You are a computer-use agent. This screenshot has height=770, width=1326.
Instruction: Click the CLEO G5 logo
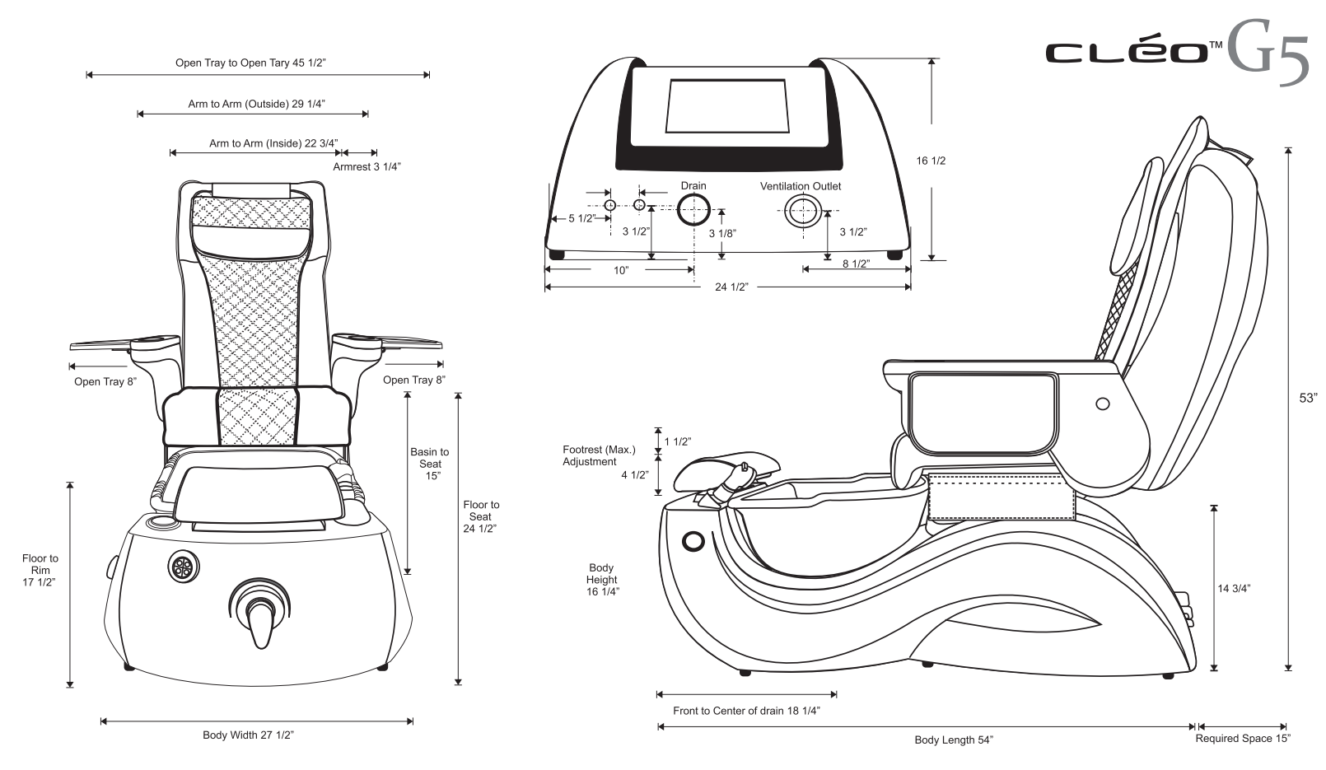tap(1176, 52)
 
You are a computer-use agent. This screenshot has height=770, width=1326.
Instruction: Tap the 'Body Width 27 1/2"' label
tap(248, 735)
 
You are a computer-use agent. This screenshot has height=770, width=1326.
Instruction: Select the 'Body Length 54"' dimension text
tap(954, 740)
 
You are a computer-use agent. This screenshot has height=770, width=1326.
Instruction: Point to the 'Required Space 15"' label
tap(1243, 739)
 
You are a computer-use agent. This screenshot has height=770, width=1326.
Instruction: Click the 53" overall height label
tap(1308, 398)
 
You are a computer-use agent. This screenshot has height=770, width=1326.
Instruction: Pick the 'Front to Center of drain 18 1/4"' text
tap(746, 711)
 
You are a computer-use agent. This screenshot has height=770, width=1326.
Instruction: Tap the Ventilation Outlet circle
tap(800, 212)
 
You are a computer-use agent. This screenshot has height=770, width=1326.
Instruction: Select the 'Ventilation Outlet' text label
tap(800, 186)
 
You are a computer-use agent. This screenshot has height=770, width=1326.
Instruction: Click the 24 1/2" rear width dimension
tap(731, 287)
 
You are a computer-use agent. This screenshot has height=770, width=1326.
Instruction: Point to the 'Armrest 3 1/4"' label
tap(367, 166)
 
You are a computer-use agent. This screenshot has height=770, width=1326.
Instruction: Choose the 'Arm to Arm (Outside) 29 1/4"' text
tap(256, 104)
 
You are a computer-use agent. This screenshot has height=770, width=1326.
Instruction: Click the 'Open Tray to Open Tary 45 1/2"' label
tap(256, 63)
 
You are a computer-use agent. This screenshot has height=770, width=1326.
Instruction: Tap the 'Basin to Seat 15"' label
tap(430, 464)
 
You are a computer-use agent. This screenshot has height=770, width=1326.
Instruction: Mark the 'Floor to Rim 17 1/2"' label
tap(40, 570)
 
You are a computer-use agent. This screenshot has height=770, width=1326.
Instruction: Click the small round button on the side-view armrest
tap(1102, 404)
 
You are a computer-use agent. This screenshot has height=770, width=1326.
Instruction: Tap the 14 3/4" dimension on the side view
tap(1234, 588)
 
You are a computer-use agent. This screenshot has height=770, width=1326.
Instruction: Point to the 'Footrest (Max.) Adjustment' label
tap(599, 455)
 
